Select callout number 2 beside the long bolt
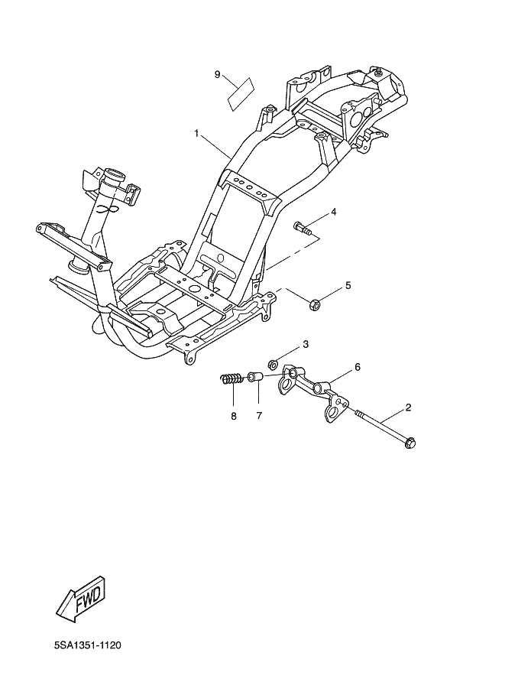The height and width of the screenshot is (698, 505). (408, 407)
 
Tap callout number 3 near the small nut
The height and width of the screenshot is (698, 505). (306, 344)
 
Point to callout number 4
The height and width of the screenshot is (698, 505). (333, 211)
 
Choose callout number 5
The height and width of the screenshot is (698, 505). (348, 285)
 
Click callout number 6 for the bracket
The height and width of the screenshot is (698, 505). (357, 367)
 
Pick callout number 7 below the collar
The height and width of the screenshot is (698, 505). (259, 416)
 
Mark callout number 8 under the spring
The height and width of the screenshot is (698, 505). (234, 416)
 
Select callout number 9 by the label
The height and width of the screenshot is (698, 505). (218, 74)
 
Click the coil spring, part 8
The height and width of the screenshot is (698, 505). (231, 378)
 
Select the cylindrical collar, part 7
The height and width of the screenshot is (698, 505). (257, 378)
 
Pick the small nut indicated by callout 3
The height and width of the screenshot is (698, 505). (272, 363)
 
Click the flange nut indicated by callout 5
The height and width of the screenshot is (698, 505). (313, 305)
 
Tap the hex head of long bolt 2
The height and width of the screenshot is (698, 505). (410, 441)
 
